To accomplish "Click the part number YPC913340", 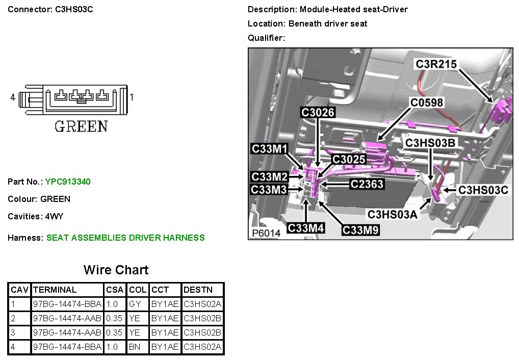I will tap(68, 182).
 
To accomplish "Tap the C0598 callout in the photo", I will tap(427, 102).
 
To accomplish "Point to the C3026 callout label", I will tap(318, 113).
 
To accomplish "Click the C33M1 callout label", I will tap(270, 149).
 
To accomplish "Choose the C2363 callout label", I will tap(367, 184).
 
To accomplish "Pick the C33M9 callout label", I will tap(361, 230).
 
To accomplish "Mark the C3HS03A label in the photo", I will tap(393, 215).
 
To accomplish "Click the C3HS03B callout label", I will tap(430, 143).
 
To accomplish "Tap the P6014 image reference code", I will tap(266, 233).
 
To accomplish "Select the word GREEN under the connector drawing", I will tap(81, 126).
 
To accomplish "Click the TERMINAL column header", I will tap(55, 290).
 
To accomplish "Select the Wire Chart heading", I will tap(116, 270).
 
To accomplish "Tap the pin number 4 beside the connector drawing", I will tap(13, 96).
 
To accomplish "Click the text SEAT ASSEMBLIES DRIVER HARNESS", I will tap(125, 238).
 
